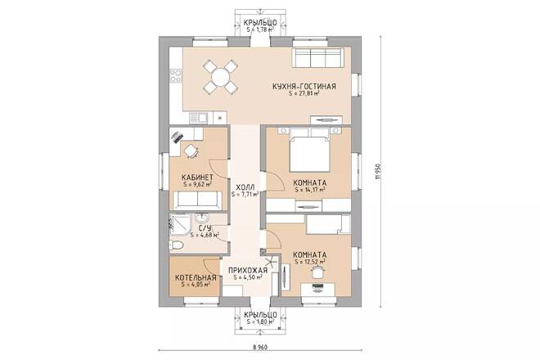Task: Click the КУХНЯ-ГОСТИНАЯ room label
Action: click(x=304, y=86)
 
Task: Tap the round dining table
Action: click(x=220, y=77)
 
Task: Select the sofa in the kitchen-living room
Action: click(x=317, y=57)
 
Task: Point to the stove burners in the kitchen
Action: click(x=176, y=76)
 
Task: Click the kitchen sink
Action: click(x=198, y=118)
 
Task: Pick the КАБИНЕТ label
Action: click(x=197, y=178)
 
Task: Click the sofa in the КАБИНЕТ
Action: click(x=197, y=200)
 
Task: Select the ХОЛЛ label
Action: click(x=245, y=187)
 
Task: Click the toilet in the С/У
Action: click(x=176, y=245)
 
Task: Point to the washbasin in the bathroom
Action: click(x=201, y=218)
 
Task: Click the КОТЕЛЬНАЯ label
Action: click(x=196, y=277)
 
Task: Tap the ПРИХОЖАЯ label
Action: click(x=248, y=271)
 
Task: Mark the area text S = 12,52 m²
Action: click(x=310, y=262)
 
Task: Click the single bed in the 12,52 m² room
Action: click(x=328, y=224)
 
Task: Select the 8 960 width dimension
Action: click(x=260, y=347)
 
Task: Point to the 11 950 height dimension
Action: click(x=379, y=171)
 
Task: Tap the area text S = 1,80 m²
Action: click(x=260, y=322)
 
